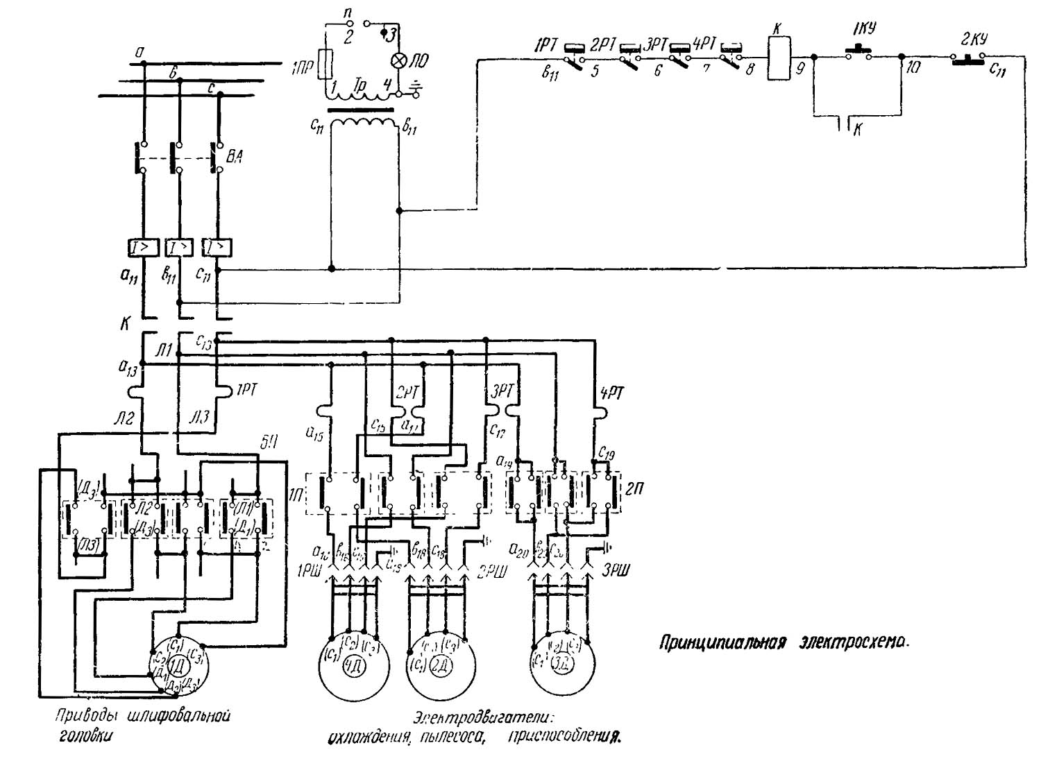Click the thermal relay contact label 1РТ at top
pyautogui.click(x=544, y=45)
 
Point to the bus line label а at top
pyautogui.click(x=141, y=51)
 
